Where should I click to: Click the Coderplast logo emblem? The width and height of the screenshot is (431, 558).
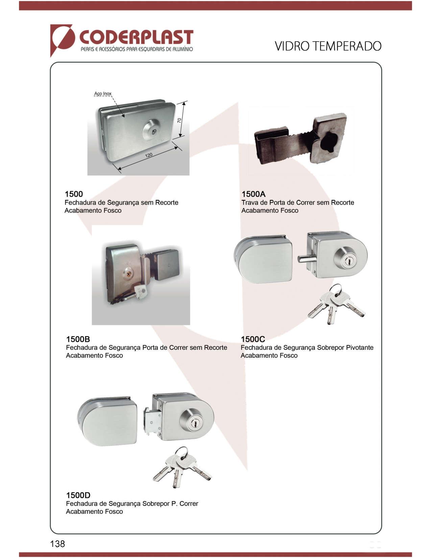62,40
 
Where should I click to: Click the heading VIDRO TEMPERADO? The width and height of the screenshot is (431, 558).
328,46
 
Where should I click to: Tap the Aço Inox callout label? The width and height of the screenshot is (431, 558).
103,94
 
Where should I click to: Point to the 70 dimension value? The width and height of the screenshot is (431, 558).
179,120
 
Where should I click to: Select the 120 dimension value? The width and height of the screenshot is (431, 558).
149,155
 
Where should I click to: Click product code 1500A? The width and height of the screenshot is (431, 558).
254,194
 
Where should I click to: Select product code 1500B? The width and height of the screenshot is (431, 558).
78,339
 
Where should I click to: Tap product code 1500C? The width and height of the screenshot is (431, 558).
253,339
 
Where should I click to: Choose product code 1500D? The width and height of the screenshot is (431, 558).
78,495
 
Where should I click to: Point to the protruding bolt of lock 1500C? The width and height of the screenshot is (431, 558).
305,259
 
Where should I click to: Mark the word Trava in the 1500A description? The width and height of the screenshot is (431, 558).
249,203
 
